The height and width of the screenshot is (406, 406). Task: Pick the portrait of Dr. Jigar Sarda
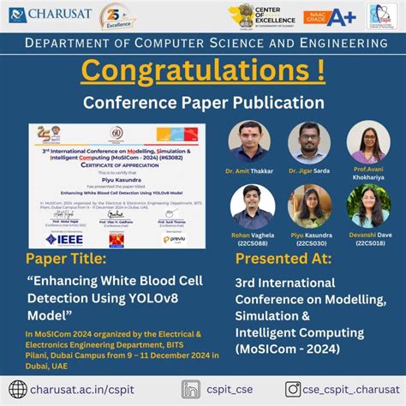pyautogui.click(x=309, y=142)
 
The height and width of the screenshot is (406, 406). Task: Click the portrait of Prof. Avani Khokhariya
pyautogui.click(x=367, y=142)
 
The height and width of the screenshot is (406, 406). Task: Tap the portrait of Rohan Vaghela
pyautogui.click(x=253, y=206)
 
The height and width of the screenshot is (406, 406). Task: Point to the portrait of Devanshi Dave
pyautogui.click(x=367, y=206)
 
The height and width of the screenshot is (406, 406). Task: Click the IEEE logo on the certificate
pyautogui.click(x=63, y=236)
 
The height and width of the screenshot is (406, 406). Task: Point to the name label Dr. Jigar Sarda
pyautogui.click(x=308, y=171)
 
